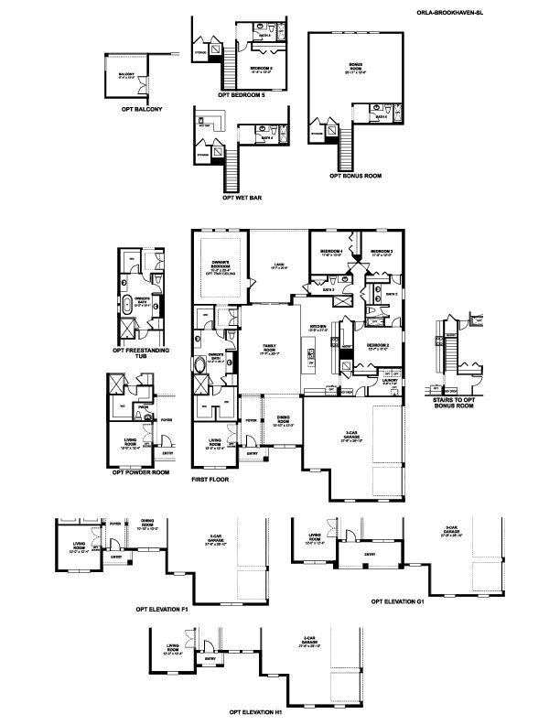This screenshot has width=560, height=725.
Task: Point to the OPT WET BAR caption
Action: (241, 196)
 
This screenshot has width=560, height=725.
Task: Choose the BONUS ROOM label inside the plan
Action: (355, 66)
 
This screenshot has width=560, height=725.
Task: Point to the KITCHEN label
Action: (318, 327)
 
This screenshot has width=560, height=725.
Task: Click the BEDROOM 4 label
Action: (331, 251)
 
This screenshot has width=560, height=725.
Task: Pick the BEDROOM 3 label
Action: (382, 251)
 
